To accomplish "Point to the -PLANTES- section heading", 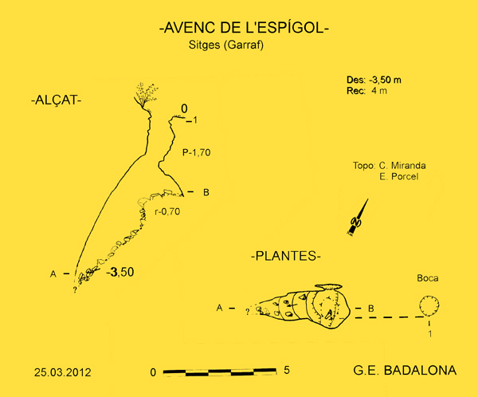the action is [285, 257].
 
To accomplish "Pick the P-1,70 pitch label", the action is [195, 151].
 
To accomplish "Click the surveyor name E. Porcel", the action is [399, 176].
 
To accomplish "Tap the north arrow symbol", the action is [359, 218].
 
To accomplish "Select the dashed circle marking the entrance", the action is [429, 306].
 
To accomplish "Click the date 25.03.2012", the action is [62, 371].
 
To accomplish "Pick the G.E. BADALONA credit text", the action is [404, 371].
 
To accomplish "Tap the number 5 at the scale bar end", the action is [286, 371].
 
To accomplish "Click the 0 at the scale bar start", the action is [153, 372].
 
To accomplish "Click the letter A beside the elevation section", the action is [53, 274].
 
